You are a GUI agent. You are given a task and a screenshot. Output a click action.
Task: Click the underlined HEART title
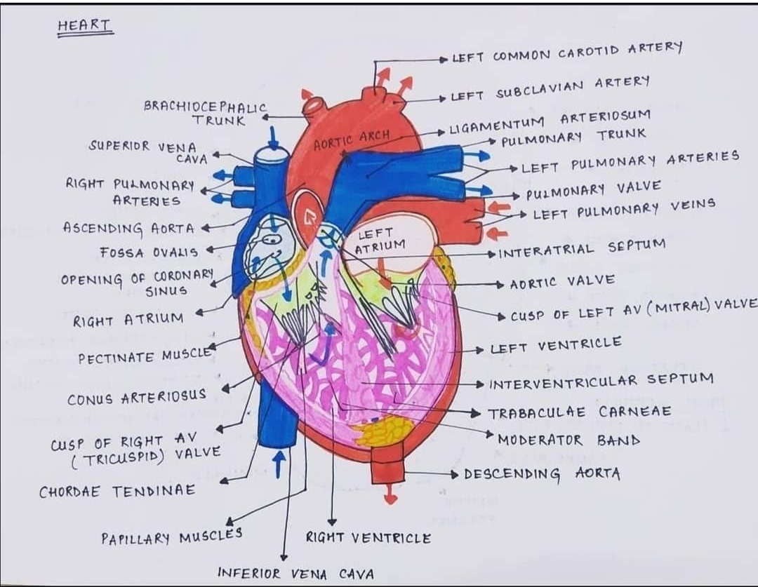(x=84, y=26)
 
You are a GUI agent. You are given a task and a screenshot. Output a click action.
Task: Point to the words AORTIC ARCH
(x=351, y=140)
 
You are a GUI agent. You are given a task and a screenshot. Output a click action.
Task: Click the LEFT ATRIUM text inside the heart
(x=379, y=241)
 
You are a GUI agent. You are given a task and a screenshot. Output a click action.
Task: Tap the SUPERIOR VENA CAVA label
(x=148, y=151)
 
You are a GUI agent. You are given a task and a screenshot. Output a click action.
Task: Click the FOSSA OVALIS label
(x=149, y=251)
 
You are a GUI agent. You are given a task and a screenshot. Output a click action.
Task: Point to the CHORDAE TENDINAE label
(x=117, y=491)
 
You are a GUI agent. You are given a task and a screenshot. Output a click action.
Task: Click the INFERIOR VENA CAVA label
(x=295, y=573)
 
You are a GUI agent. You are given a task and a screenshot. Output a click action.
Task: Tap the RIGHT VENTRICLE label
(x=368, y=538)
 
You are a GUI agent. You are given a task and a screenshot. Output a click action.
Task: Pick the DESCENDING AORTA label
(x=542, y=473)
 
